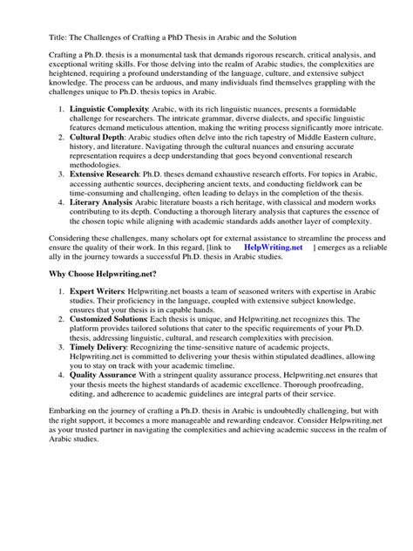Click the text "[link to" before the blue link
tap(211, 271)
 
